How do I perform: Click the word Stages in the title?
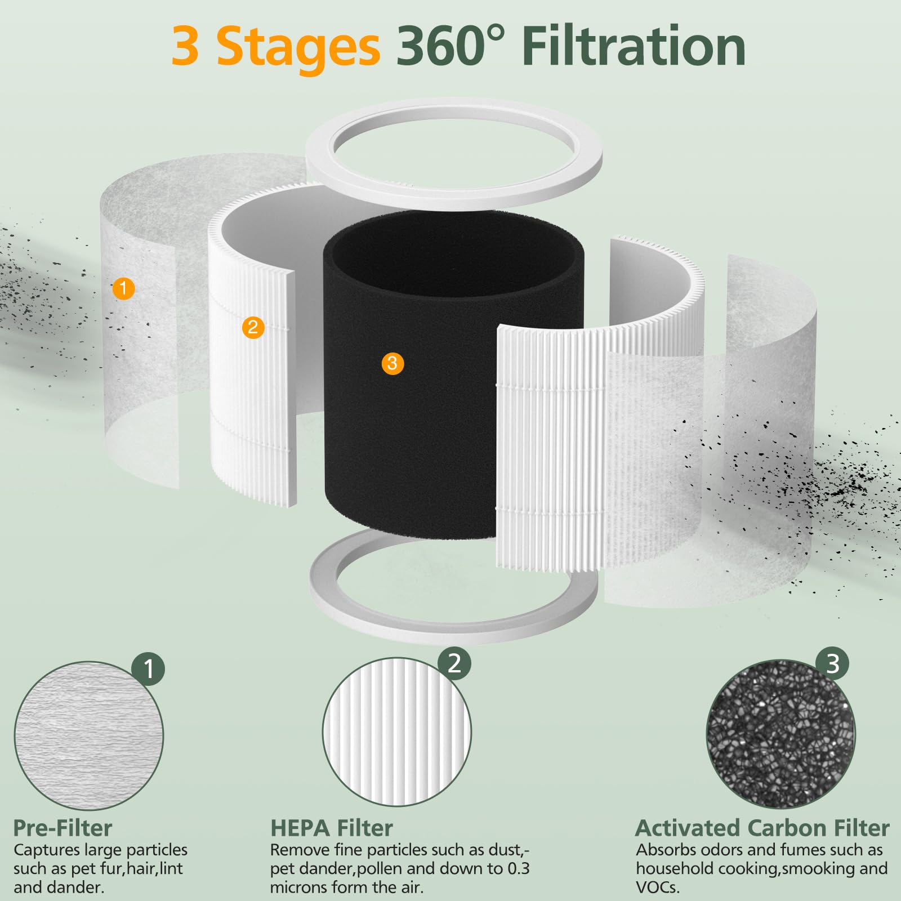[298, 47]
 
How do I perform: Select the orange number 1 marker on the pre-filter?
[123, 289]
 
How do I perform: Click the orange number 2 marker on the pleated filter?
[253, 327]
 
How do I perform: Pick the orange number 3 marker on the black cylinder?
[392, 363]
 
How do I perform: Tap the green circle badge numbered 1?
[149, 669]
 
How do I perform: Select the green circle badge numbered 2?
[454, 663]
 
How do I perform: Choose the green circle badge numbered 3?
[833, 663]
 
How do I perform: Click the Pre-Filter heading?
[63, 828]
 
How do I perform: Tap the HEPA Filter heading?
[331, 828]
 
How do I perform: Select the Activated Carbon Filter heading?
[762, 828]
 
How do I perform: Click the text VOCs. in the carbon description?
[658, 888]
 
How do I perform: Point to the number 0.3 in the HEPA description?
[518, 869]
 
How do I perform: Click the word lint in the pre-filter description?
[171, 869]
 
